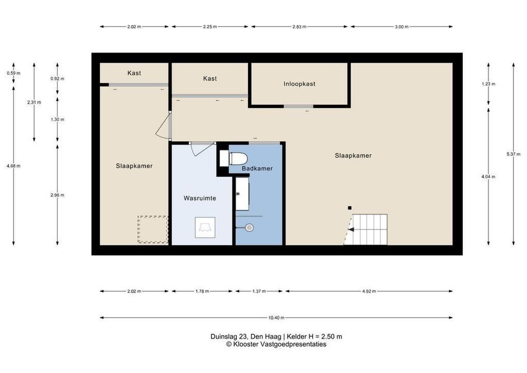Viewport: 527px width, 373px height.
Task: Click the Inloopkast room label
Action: point(299,84)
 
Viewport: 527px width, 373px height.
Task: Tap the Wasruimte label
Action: point(200,198)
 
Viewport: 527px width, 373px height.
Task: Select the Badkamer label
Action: point(257,168)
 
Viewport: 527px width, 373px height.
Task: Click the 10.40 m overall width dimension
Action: point(276,318)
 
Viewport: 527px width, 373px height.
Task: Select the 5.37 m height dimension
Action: point(513,154)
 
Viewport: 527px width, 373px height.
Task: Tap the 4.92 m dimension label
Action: point(369,291)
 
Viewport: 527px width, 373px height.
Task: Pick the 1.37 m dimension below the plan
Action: point(259,291)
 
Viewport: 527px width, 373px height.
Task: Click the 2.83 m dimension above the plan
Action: point(299,26)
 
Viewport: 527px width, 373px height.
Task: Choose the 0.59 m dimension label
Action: point(13,73)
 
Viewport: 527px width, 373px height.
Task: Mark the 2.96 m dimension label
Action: point(57,195)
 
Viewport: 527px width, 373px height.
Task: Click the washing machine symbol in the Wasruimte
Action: point(205,228)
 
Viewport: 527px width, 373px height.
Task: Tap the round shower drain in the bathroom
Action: point(250,228)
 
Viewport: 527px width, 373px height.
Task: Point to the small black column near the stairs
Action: point(349,208)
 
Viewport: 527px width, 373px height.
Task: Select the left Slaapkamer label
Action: point(134,166)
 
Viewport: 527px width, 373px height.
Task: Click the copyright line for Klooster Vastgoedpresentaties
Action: point(276,344)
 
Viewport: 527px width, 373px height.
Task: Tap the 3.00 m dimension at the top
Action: point(402,26)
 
